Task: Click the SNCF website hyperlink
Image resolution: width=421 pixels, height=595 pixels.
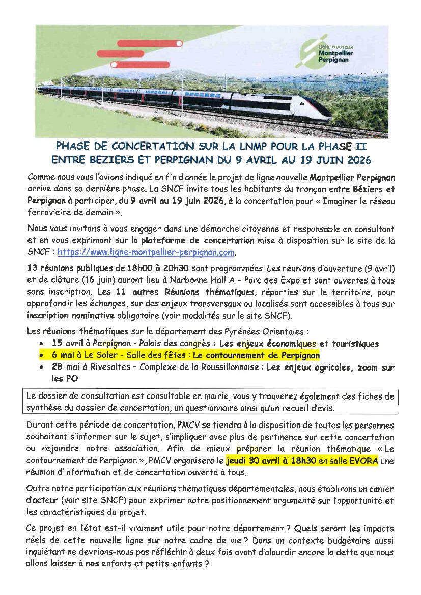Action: (146, 252)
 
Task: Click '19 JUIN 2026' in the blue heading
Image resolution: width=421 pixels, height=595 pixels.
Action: (338, 160)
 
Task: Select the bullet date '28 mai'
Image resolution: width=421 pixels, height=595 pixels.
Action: (66, 367)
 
